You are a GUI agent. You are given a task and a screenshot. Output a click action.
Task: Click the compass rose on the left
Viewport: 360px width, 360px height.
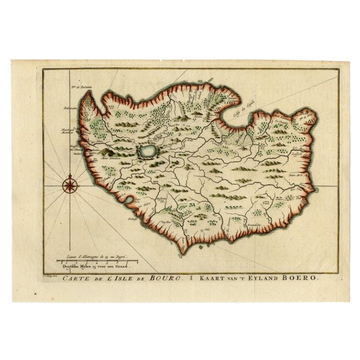click(x=70, y=185)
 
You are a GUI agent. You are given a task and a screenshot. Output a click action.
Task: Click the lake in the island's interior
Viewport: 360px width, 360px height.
click(x=147, y=151)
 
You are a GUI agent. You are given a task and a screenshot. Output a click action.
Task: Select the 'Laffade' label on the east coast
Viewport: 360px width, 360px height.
click(x=297, y=154)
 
